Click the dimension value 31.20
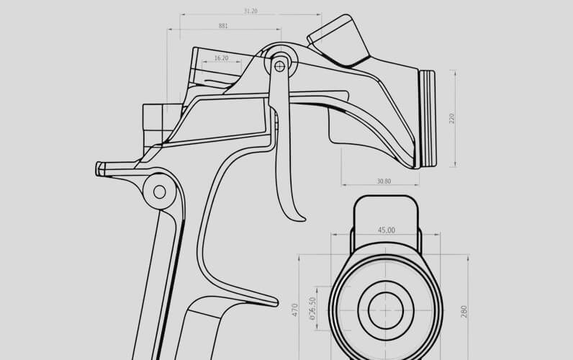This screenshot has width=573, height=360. pyautogui.click(x=251, y=12)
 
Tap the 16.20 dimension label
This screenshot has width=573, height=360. pyautogui.click(x=221, y=58)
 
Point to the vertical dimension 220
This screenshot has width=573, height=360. pyautogui.click(x=451, y=118)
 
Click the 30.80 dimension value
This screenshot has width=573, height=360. pyautogui.click(x=383, y=181)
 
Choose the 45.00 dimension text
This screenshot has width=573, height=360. pyautogui.click(x=386, y=230)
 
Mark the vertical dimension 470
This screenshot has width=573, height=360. pyautogui.click(x=294, y=310)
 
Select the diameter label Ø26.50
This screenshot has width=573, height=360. pyautogui.click(x=312, y=309)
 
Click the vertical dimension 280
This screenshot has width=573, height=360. pyautogui.click(x=464, y=311)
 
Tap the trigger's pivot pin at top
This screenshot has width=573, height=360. pyautogui.click(x=279, y=66)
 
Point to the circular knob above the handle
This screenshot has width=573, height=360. pyautogui.click(x=159, y=191)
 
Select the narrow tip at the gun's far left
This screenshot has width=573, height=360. pyautogui.click(x=101, y=168)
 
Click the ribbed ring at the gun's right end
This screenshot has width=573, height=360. pyautogui.click(x=427, y=119)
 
